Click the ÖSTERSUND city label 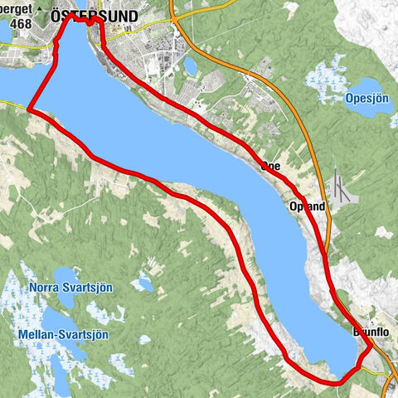(105, 16)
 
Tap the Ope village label (270, 167)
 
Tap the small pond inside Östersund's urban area (191, 65)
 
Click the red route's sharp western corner (29, 109)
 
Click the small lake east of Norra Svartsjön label (143, 284)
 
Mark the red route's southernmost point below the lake (336, 383)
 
